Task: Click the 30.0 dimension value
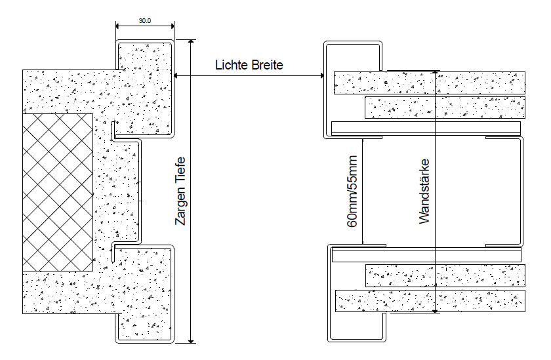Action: point(144,21)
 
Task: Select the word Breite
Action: point(266,65)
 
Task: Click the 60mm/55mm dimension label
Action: point(352,191)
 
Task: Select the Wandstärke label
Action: point(424,191)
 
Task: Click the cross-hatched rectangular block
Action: point(58,192)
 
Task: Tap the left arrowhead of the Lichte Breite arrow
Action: point(176,75)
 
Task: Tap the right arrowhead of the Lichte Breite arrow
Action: point(321,75)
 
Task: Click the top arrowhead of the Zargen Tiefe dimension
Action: point(191,42)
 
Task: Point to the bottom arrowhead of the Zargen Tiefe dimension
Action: point(191,340)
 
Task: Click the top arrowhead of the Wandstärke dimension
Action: point(436,73)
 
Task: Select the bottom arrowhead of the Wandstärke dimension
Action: point(436,310)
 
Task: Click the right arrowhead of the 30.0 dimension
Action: point(171,26)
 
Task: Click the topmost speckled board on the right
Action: point(430,83)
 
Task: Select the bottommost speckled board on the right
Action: point(430,301)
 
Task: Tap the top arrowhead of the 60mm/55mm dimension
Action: point(363,140)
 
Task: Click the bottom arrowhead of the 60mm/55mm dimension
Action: point(363,241)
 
